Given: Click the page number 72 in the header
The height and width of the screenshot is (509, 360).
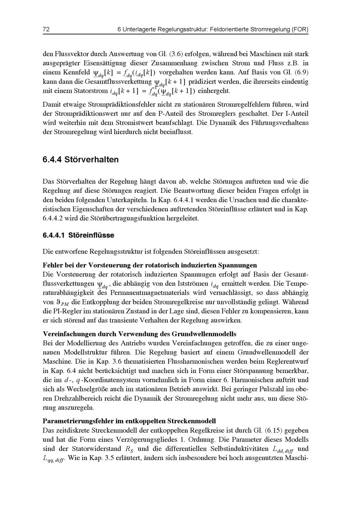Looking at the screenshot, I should coord(46,29).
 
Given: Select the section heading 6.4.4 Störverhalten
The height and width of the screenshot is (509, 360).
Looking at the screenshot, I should coord(81,159).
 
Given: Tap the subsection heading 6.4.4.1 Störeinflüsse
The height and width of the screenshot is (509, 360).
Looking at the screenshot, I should coord(78,235).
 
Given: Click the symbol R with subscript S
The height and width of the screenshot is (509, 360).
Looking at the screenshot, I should coord(129,449).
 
